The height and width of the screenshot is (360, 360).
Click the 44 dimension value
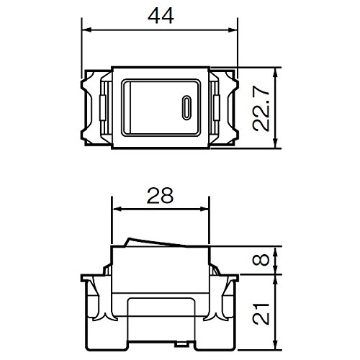[161, 16]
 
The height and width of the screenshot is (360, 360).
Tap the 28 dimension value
[160, 195]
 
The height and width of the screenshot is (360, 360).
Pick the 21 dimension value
[261, 314]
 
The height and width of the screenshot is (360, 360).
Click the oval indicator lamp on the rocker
[186, 108]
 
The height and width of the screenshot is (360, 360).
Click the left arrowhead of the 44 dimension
[87, 30]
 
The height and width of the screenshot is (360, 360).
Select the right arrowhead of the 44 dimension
[233, 30]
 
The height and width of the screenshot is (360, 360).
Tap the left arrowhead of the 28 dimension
[117, 210]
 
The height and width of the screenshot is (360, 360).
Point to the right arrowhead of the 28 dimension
[205, 210]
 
